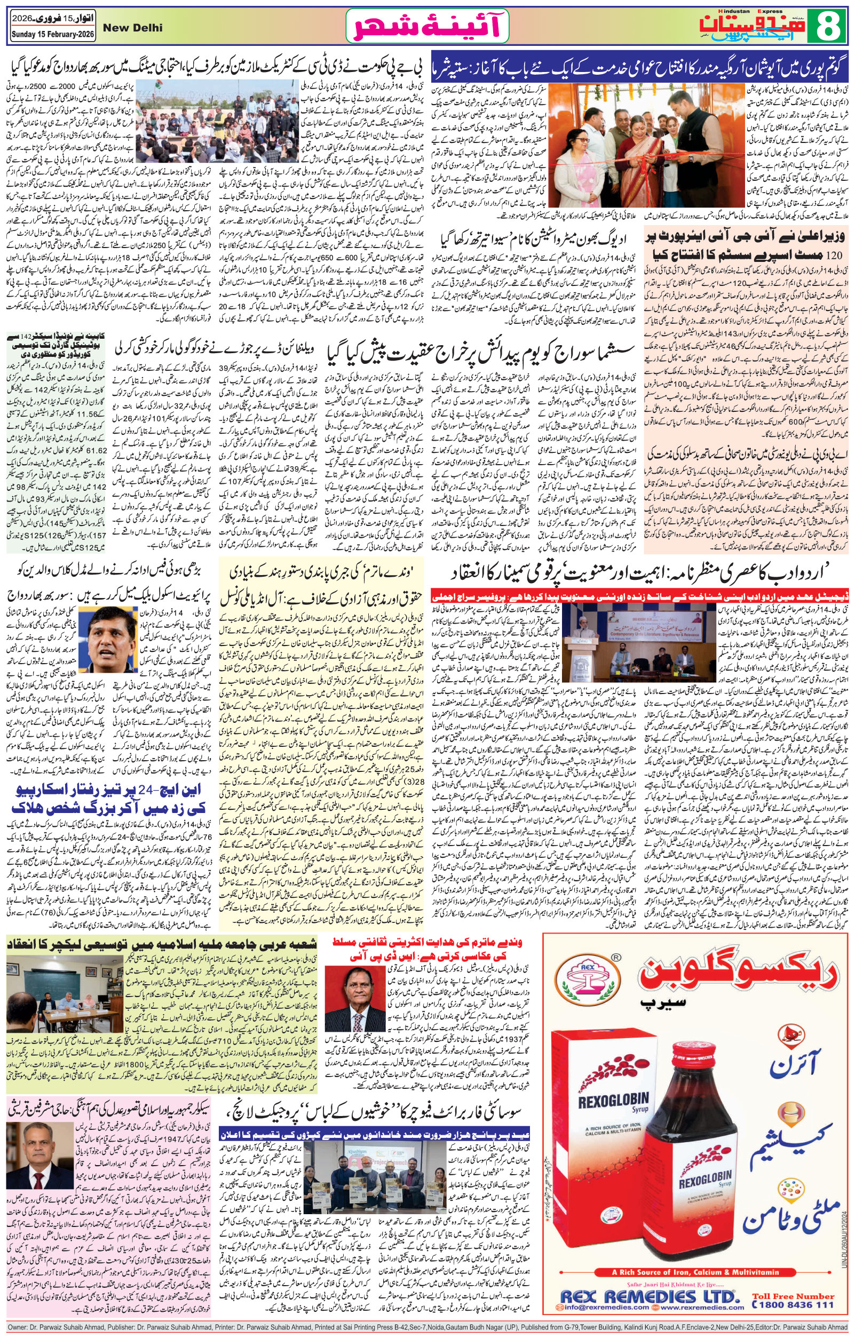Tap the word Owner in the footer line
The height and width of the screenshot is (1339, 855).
(x=18, y=1333)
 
